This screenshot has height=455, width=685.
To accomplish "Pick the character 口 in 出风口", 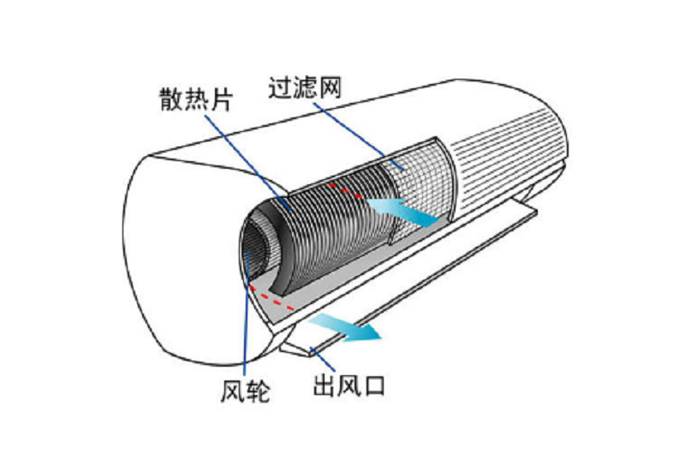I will pyautogui.click(x=374, y=385).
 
